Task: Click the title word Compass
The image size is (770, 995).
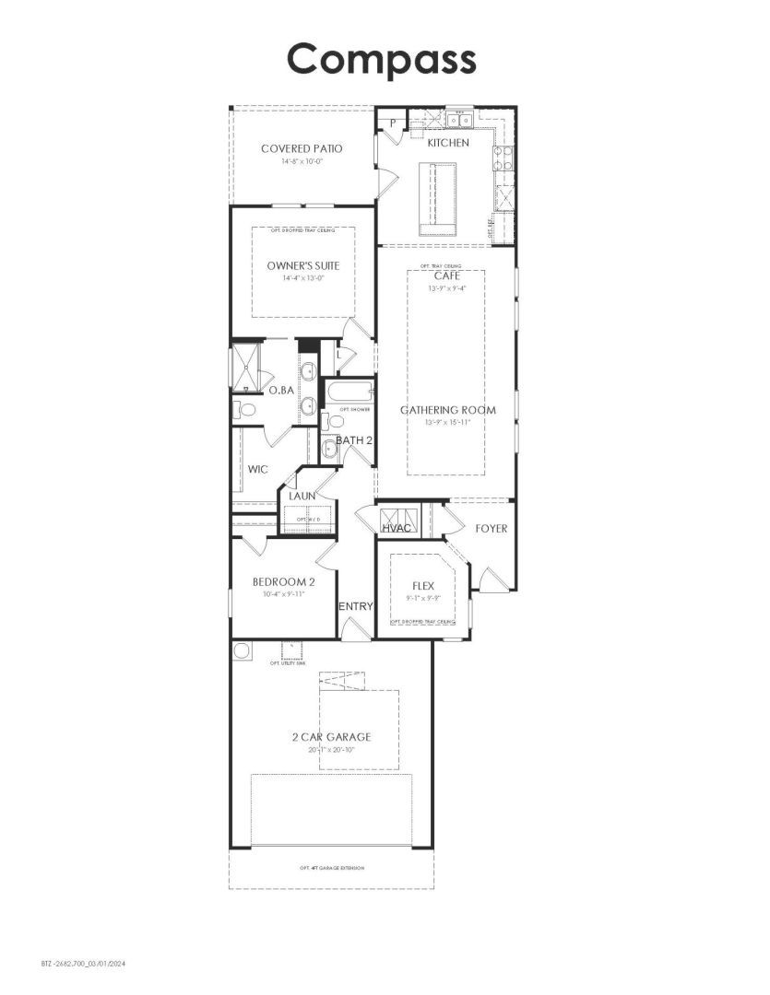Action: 381,59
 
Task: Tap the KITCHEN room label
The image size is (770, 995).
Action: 448,143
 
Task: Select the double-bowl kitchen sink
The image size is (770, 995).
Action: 459,120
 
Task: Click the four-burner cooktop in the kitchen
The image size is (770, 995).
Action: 503,158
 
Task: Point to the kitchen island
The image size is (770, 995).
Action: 437,198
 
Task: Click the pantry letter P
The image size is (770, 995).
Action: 392,123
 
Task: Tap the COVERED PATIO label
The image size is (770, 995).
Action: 302,148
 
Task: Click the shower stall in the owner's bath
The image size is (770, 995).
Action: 246,367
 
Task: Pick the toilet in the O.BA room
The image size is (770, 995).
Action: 245,408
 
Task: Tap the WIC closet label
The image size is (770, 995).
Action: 257,469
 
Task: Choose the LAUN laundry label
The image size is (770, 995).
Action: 302,496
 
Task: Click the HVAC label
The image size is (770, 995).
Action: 397,527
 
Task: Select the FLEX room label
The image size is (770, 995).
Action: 423,584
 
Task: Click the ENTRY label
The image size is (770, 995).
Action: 355,606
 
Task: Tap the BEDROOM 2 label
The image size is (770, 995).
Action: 284,581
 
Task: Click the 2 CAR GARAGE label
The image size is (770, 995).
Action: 331,736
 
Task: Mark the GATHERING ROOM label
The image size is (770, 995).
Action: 447,410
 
